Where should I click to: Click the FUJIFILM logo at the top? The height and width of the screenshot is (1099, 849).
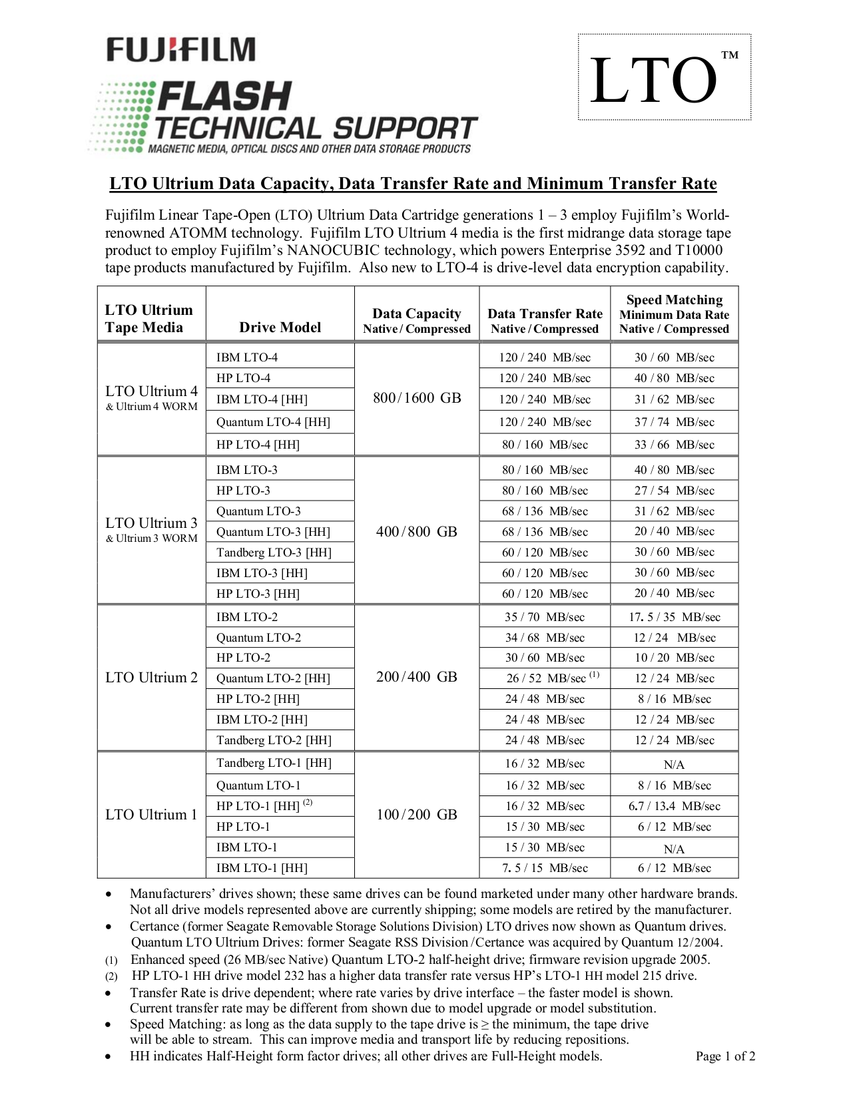[180, 50]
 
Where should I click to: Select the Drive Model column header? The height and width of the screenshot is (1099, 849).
[280, 327]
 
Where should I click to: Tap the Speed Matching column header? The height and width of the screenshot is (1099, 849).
[674, 314]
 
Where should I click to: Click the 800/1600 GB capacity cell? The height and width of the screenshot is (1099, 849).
[417, 398]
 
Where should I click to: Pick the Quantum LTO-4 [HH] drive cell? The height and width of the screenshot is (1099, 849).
[273, 422]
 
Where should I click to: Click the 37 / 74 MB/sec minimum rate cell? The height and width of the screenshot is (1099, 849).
[674, 422]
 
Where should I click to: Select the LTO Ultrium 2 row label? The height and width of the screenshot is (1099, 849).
[151, 678]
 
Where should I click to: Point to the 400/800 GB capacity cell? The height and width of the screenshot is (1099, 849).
[417, 531]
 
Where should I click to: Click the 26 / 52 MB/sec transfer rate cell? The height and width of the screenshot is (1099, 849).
[545, 678]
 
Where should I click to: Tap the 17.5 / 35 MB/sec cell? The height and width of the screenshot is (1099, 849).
[674, 617]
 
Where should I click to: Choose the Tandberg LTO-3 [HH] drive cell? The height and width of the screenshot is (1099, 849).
[274, 552]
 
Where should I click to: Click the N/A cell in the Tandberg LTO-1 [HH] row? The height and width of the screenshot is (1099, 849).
[674, 765]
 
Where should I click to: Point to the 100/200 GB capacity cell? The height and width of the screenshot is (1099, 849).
[417, 815]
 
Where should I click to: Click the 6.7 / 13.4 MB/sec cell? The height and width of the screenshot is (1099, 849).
[674, 806]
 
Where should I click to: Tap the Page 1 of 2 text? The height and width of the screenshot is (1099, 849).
[725, 1056]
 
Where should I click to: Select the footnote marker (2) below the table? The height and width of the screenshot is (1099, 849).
[111, 977]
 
